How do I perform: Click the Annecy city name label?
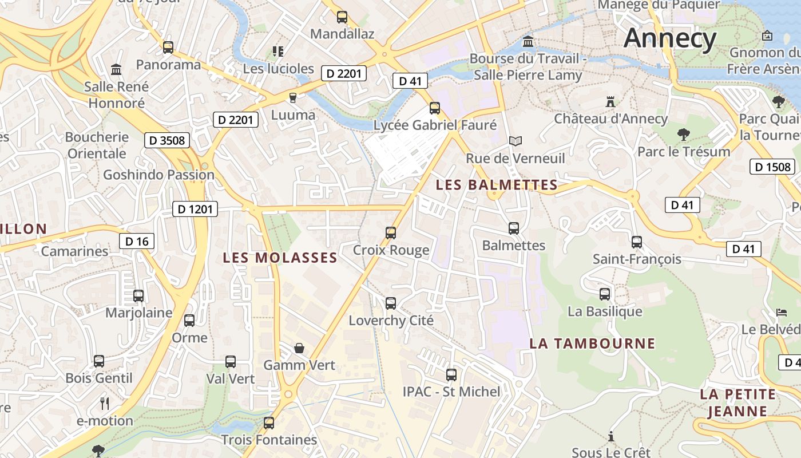point(670,39)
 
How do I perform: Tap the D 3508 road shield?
point(166,140)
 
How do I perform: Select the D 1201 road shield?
point(195,209)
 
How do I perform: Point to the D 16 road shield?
point(137,241)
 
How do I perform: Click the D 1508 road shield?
point(772,167)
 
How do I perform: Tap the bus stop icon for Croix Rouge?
point(391,232)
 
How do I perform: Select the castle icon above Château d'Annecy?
point(610,102)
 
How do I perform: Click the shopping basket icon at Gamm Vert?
point(299,348)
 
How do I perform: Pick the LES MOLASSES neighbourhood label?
point(280,258)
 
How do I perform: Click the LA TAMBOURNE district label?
point(592,343)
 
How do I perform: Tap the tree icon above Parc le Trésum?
point(683,135)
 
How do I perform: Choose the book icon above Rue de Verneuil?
point(515,141)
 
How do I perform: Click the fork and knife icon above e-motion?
point(105,404)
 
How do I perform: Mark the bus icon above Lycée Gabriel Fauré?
point(435,108)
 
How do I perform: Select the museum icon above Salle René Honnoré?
point(116,70)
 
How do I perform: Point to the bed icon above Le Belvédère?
point(782,313)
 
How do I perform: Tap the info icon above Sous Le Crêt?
point(611,436)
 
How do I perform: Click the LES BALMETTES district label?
point(496,185)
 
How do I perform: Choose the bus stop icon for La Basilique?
point(605,294)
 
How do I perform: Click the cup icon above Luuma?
point(293,98)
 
